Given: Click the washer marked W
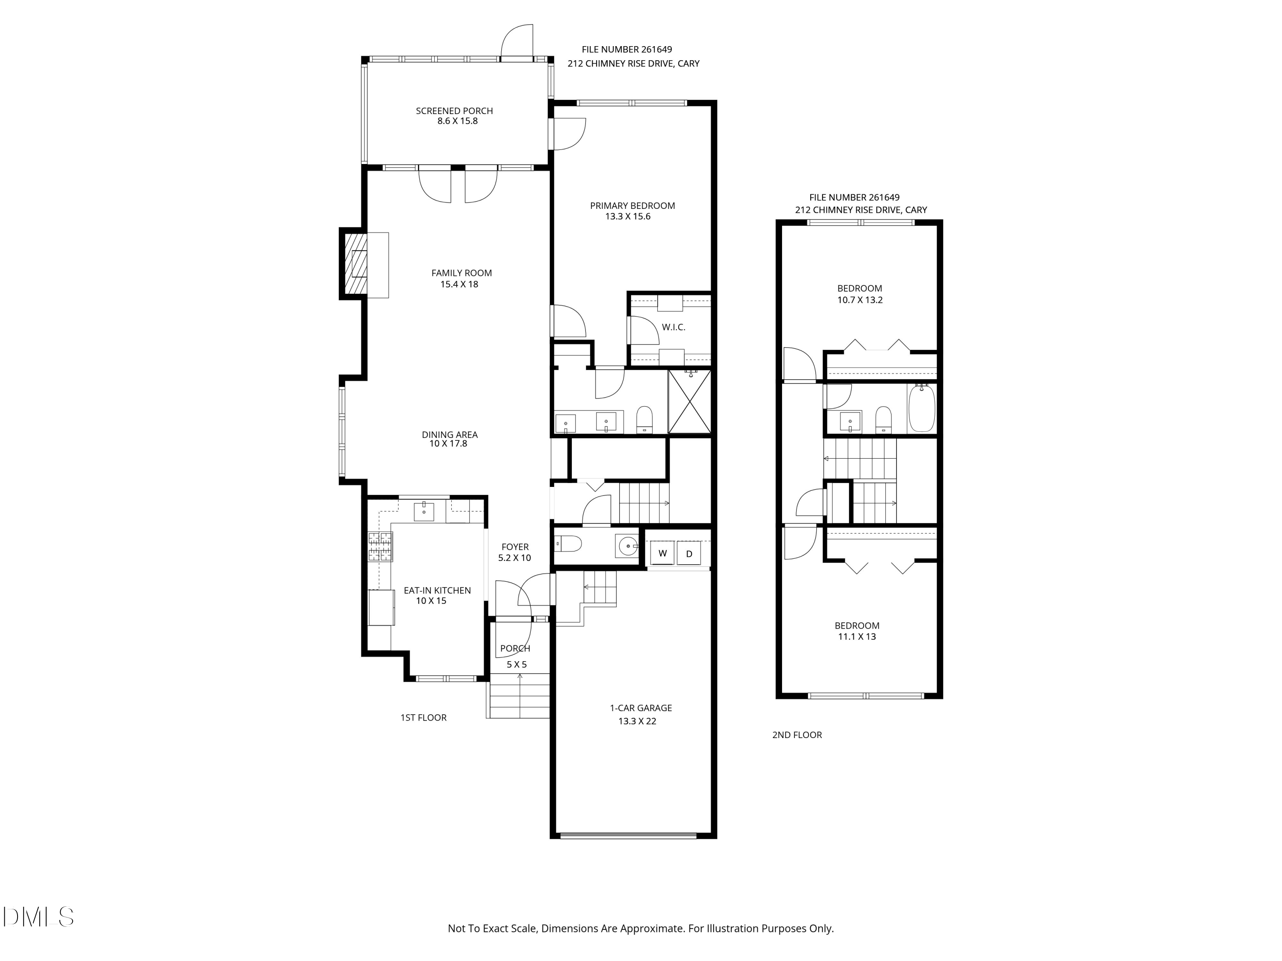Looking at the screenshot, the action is tap(662, 553).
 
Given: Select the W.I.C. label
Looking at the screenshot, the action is tap(673, 327).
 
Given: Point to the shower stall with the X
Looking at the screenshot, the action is tap(690, 401).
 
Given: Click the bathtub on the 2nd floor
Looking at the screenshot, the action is tap(921, 408).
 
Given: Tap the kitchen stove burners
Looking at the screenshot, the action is tap(380, 547).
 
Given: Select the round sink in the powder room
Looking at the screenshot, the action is tap(627, 546).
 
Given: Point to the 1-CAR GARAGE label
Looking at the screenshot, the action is tap(641, 708).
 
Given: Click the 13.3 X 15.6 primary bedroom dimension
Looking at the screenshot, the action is tap(628, 217).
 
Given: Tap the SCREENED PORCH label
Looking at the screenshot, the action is tap(454, 111).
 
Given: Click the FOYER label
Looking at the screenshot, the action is tap(515, 547).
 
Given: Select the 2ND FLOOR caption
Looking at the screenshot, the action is tap(797, 735).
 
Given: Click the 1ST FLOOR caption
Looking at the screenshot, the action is tap(423, 718).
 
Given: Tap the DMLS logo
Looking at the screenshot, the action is tap(38, 917).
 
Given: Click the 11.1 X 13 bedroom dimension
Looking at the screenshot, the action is tap(857, 637).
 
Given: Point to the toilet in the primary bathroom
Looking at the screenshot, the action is tap(644, 419).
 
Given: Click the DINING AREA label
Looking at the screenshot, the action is tap(449, 434).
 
